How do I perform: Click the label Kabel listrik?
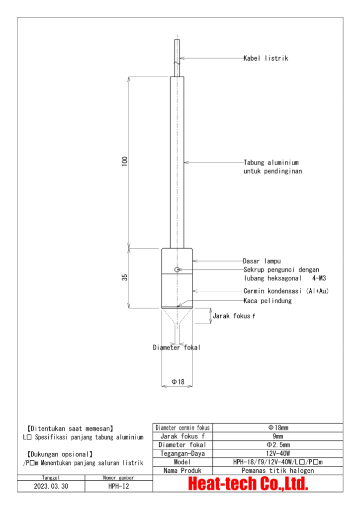[266, 58]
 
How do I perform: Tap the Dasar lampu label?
[262, 260]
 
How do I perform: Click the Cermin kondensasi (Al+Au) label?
[285, 291]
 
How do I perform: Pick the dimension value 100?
[125, 161]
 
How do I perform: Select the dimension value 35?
[125, 277]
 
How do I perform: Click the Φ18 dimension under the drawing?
[178, 381]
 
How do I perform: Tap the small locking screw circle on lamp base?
[177, 269]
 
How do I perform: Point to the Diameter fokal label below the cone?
[177, 347]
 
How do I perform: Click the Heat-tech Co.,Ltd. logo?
[248, 484]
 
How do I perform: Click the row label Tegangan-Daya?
[182, 453]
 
